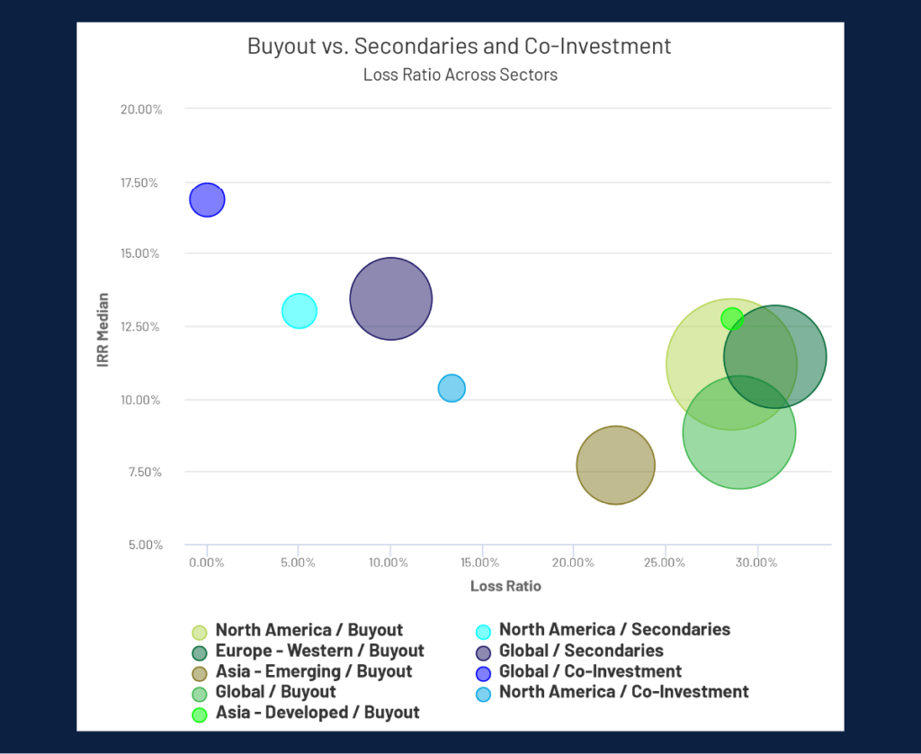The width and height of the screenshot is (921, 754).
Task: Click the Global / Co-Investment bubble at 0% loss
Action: click(207, 200)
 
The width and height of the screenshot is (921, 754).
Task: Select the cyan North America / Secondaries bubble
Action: click(299, 311)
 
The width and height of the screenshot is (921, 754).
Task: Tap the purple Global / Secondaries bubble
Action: click(390, 298)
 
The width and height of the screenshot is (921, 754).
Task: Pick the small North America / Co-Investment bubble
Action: click(452, 388)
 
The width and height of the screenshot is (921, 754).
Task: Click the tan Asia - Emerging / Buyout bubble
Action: click(615, 465)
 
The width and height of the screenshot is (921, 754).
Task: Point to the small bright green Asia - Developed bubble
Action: click(732, 318)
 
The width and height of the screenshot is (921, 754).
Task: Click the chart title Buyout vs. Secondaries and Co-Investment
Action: click(460, 46)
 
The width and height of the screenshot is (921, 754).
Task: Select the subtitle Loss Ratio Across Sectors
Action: click(460, 75)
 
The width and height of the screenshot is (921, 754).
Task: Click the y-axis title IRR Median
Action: click(103, 329)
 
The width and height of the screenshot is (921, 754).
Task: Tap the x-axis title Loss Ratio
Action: click(505, 586)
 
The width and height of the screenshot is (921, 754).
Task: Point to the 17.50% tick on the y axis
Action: click(140, 183)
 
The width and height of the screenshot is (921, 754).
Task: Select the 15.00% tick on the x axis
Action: click(481, 563)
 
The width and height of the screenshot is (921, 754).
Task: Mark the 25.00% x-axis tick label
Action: click(664, 563)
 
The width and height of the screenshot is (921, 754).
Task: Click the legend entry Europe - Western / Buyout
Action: click(319, 651)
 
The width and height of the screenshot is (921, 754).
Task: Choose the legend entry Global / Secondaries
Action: click(581, 651)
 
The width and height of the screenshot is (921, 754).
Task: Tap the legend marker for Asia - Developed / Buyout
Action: click(200, 714)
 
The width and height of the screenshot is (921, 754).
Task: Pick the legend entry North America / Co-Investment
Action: click(623, 692)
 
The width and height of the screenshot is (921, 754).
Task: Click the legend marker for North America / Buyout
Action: click(200, 632)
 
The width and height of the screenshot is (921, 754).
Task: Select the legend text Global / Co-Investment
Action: click(590, 671)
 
